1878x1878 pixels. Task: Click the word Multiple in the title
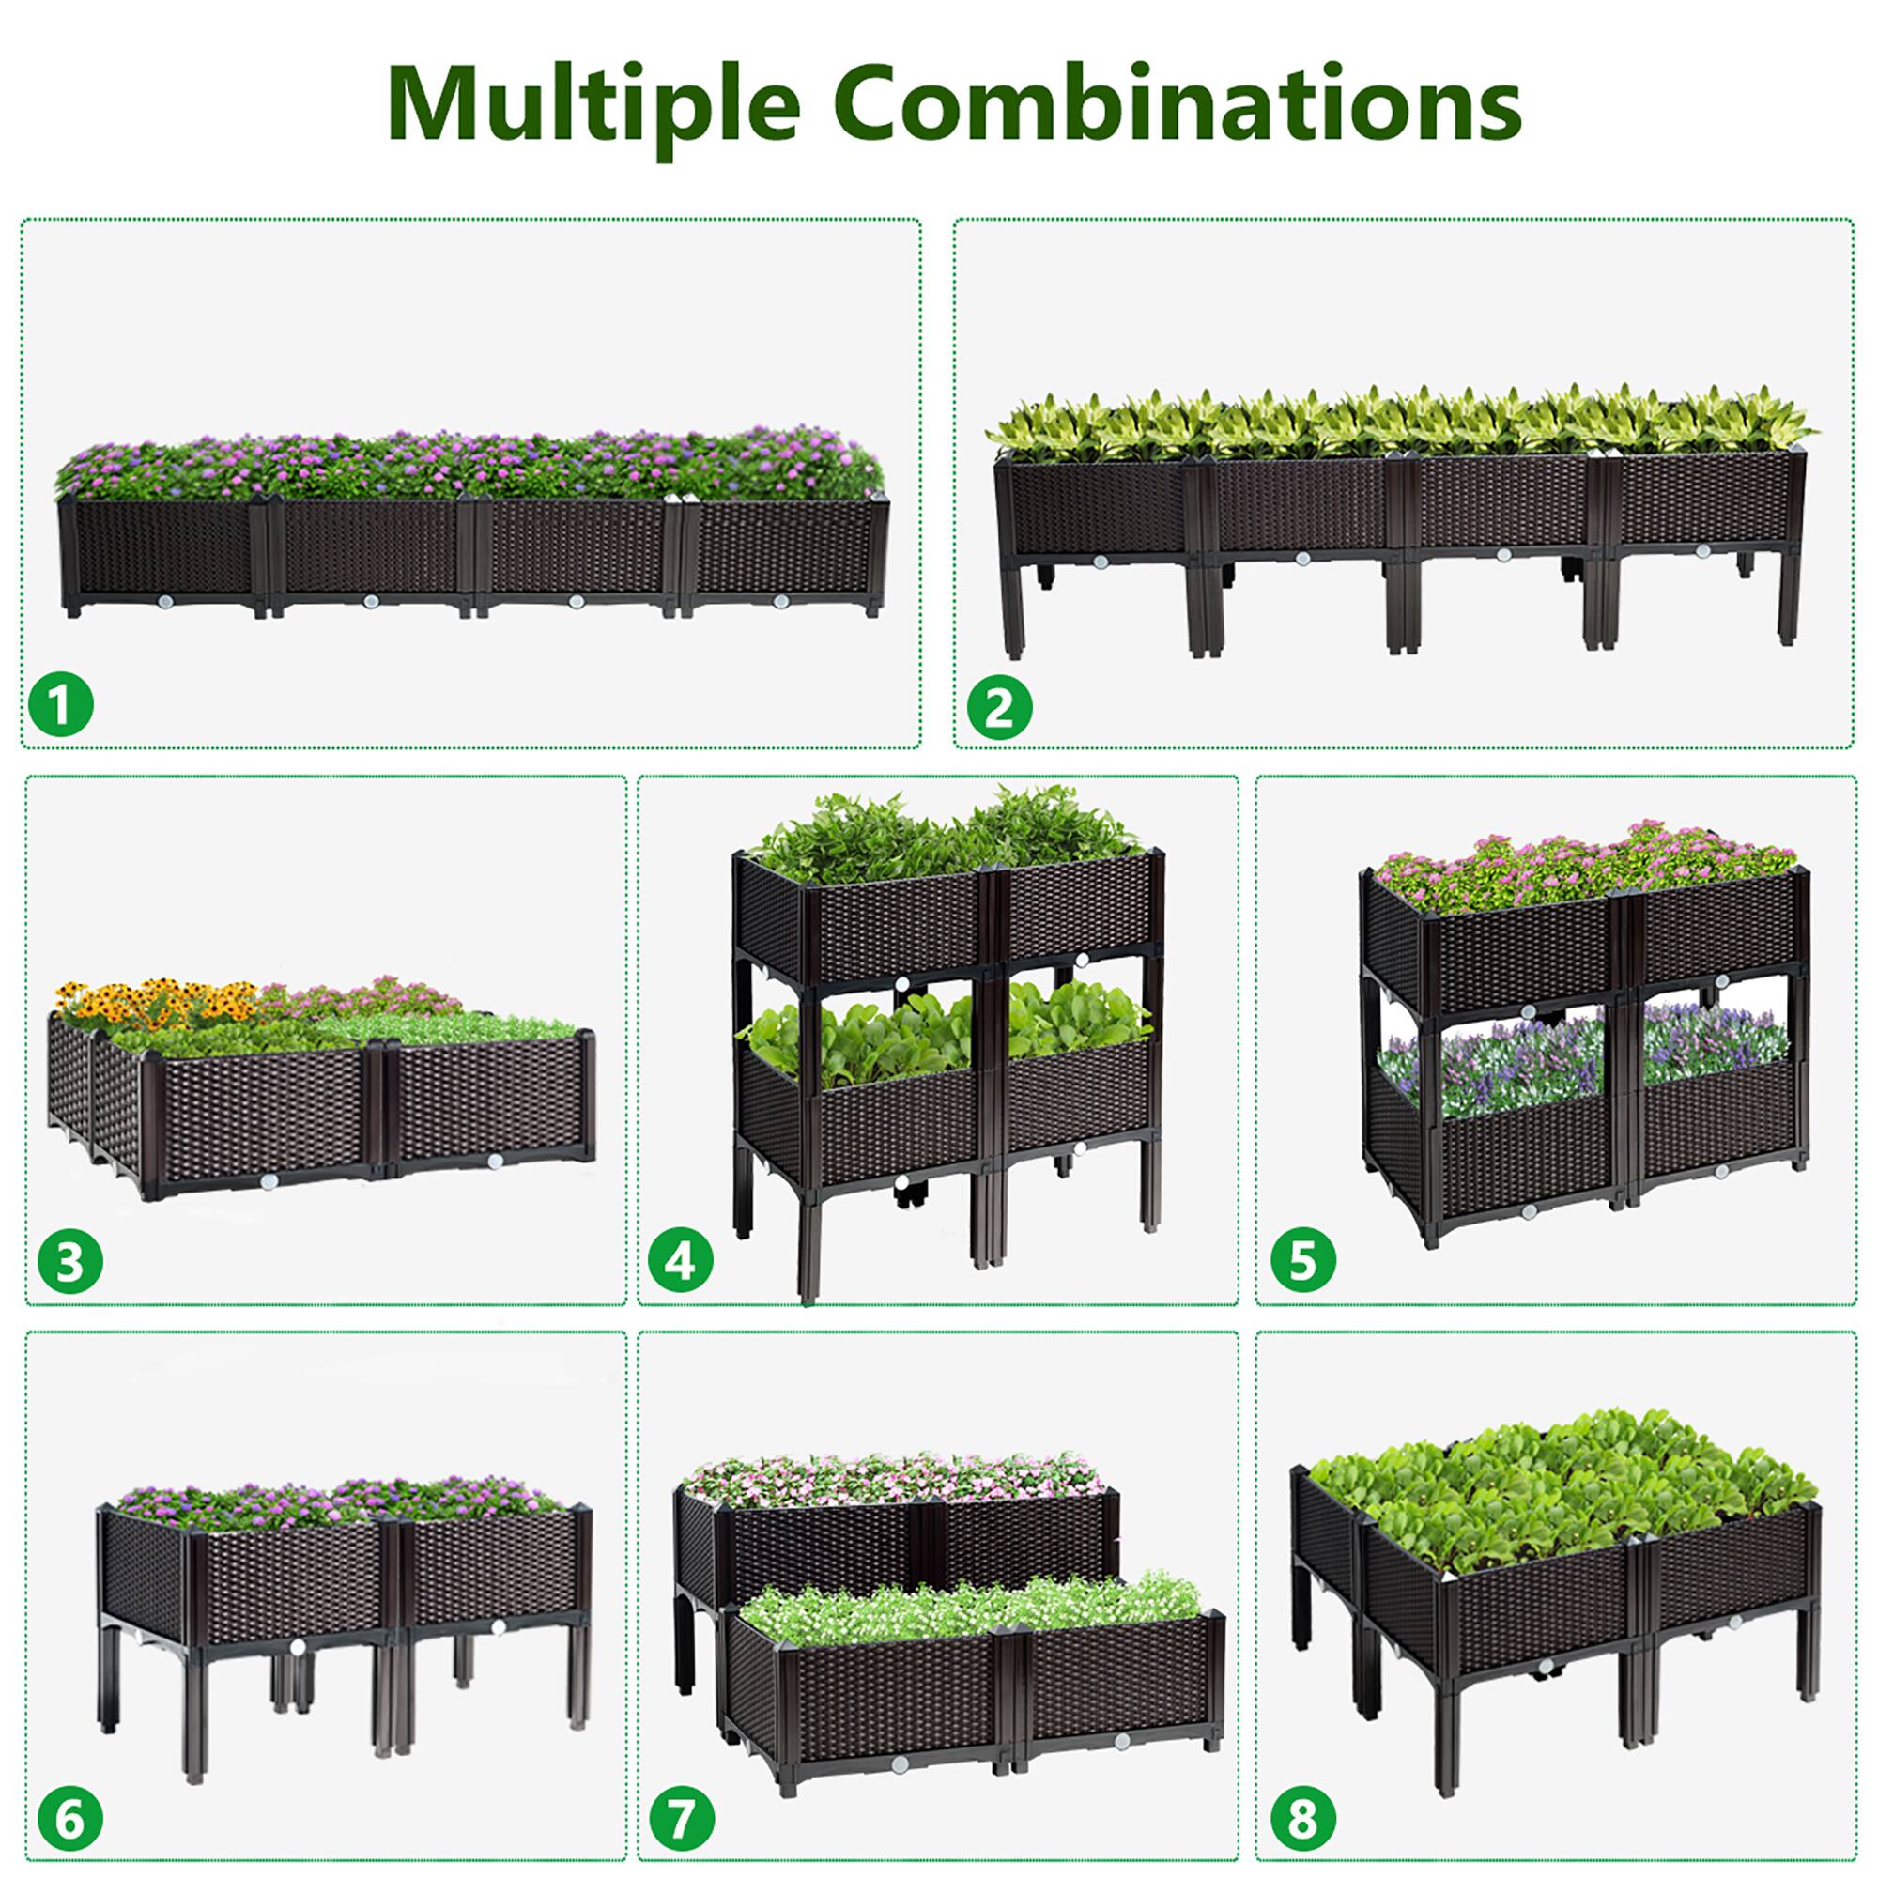pyautogui.click(x=593, y=103)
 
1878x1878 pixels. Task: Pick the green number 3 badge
pyautogui.click(x=70, y=1263)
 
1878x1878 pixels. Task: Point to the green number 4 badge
pyautogui.click(x=681, y=1262)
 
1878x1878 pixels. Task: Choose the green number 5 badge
pyautogui.click(x=1302, y=1261)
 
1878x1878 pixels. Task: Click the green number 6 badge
pyautogui.click(x=70, y=1819)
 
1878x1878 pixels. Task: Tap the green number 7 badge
pyautogui.click(x=682, y=1817)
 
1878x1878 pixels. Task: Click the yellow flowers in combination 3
pyautogui.click(x=156, y=1001)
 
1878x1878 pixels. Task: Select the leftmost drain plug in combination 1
pyautogui.click(x=164, y=603)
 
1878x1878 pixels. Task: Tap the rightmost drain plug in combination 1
pyautogui.click(x=780, y=602)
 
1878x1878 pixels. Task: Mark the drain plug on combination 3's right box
pyautogui.click(x=495, y=1161)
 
